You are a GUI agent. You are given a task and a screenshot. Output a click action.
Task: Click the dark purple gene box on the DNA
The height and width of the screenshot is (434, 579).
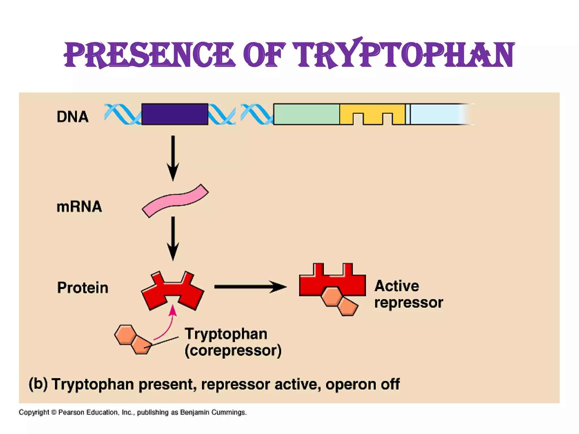175,114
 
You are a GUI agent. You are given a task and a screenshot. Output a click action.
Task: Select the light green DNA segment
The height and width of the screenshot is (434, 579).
306,114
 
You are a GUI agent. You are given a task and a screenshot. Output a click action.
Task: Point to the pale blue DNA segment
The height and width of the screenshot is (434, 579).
435,114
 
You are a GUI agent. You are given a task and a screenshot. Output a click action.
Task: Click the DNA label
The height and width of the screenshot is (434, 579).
73,117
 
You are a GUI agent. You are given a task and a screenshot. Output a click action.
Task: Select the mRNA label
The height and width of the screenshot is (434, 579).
79,207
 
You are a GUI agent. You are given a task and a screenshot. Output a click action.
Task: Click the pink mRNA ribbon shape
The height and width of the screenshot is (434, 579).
175,201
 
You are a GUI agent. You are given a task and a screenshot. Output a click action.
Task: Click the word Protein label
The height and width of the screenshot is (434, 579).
83,288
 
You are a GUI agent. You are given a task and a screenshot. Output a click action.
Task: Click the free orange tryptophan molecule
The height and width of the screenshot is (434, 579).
132,339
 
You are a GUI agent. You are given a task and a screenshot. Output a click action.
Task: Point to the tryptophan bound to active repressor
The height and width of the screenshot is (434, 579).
339,301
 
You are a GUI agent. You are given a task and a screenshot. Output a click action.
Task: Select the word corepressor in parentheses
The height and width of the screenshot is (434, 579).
233,351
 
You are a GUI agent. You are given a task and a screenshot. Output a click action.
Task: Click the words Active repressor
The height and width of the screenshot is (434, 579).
408,294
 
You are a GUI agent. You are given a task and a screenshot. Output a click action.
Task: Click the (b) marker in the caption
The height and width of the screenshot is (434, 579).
38,384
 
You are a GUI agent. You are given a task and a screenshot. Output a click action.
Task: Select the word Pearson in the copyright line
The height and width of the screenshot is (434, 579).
72,413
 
